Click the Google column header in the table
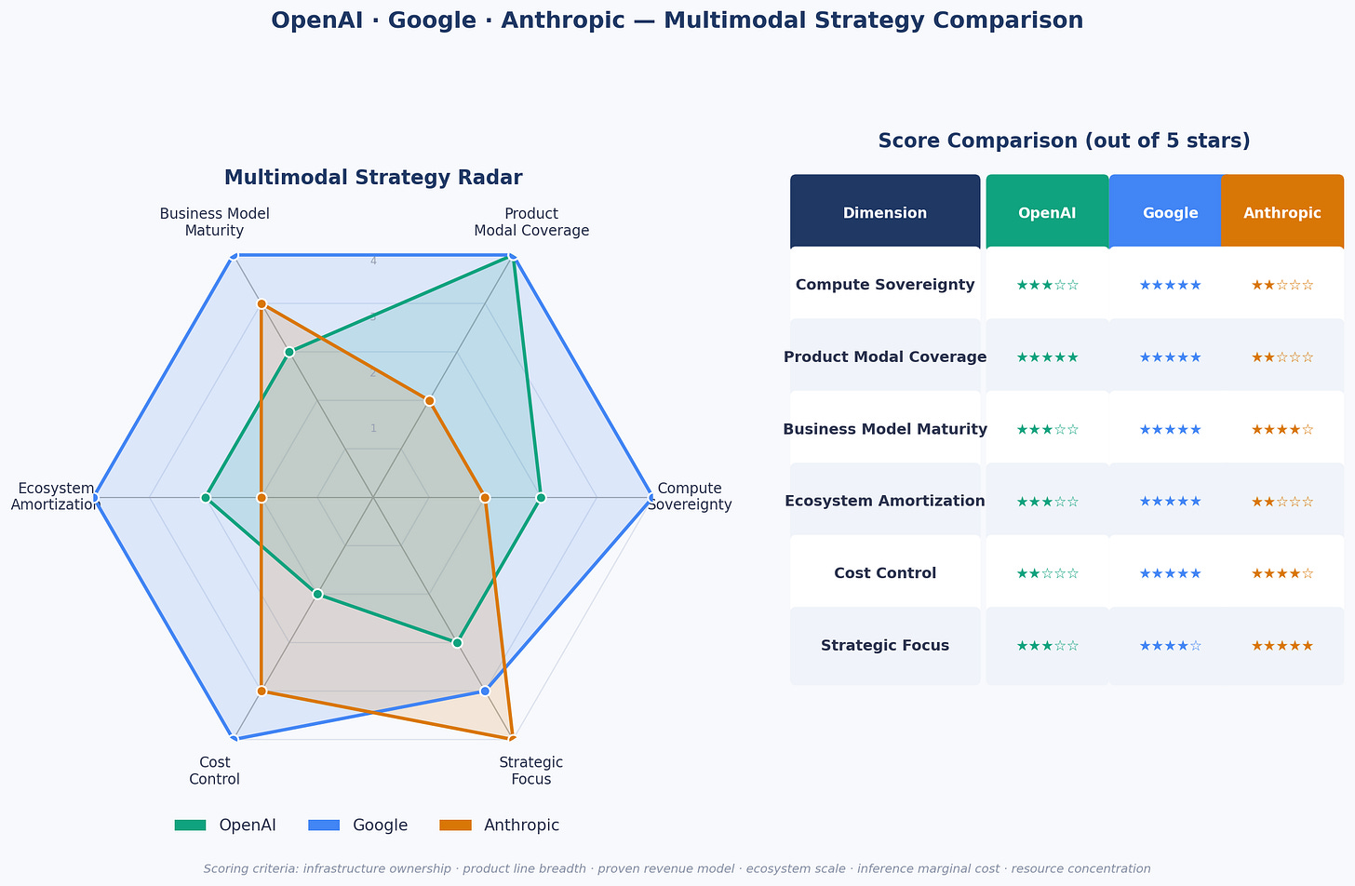click(1170, 213)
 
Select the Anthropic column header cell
click(1281, 213)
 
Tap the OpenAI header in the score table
click(1047, 213)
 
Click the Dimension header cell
click(885, 213)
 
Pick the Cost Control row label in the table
click(885, 573)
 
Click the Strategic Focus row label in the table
click(885, 646)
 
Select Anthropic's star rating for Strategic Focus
click(1281, 646)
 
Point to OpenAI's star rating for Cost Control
click(1047, 573)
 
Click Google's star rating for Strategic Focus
click(1170, 646)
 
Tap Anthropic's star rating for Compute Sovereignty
click(1281, 285)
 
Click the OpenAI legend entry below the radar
click(225, 826)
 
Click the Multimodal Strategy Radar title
click(373, 178)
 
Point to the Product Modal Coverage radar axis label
click(531, 222)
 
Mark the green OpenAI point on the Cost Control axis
click(317, 594)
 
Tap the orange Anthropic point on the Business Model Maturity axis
click(262, 304)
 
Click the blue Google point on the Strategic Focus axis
click(485, 691)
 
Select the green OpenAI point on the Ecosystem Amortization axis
click(206, 498)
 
